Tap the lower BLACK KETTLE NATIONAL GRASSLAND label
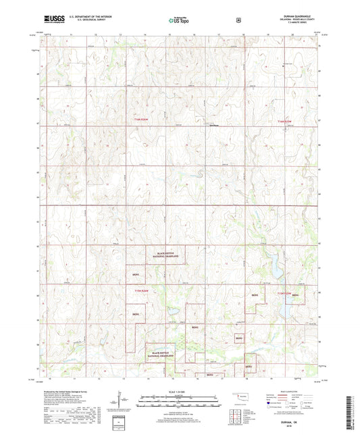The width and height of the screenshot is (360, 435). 162,353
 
